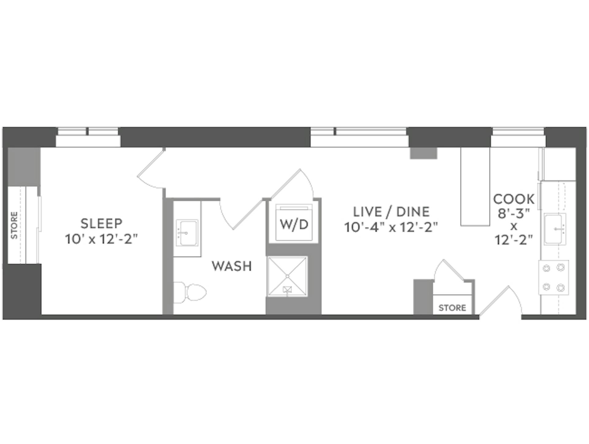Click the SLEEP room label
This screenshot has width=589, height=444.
coord(101,223)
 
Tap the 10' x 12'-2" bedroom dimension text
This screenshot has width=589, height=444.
coord(101,239)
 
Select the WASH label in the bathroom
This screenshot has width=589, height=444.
coord(232,266)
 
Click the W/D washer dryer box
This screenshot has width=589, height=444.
coord(294,224)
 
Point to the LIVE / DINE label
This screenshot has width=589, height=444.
coord(391,212)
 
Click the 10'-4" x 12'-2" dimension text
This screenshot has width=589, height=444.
coord(391,227)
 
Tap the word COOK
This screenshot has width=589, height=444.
coord(514,199)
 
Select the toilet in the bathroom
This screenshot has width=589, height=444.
coord(190,292)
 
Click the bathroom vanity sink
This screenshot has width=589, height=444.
coord(187,233)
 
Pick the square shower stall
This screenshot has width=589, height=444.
coord(287,276)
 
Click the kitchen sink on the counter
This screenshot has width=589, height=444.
coord(555,229)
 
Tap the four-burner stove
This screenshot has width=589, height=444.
coord(554,278)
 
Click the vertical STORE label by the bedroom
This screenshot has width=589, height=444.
coord(14,225)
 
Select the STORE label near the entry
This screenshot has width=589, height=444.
coord(452,308)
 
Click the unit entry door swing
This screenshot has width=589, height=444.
coord(502,302)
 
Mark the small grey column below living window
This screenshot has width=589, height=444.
coord(424,153)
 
